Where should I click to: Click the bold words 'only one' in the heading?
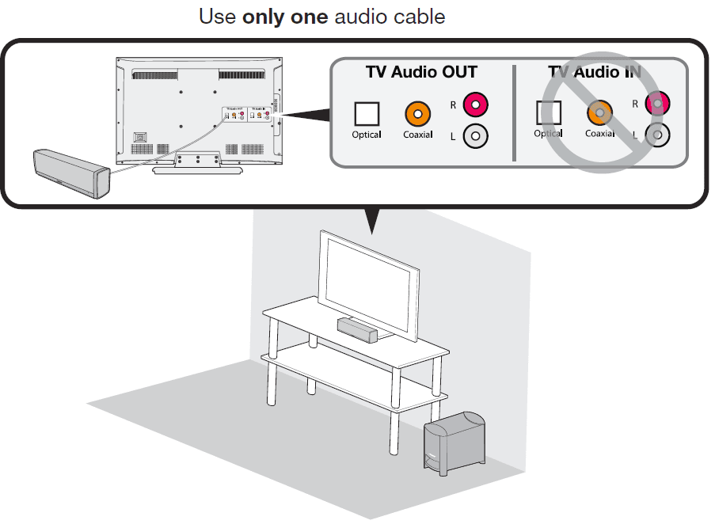point(285,16)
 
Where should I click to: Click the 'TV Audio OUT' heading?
point(421,72)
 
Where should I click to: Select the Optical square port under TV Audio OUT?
point(367,114)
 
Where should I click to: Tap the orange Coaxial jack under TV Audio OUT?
point(417,114)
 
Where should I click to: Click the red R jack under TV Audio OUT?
point(475,103)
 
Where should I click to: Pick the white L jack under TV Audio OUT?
point(475,136)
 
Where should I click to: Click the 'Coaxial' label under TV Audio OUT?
point(417,135)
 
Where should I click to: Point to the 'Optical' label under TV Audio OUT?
point(367,135)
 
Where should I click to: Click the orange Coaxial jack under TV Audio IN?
point(599,113)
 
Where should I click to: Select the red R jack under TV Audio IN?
point(657,103)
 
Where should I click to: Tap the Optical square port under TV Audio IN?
point(549,113)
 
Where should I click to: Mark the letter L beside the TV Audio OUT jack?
point(453,137)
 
